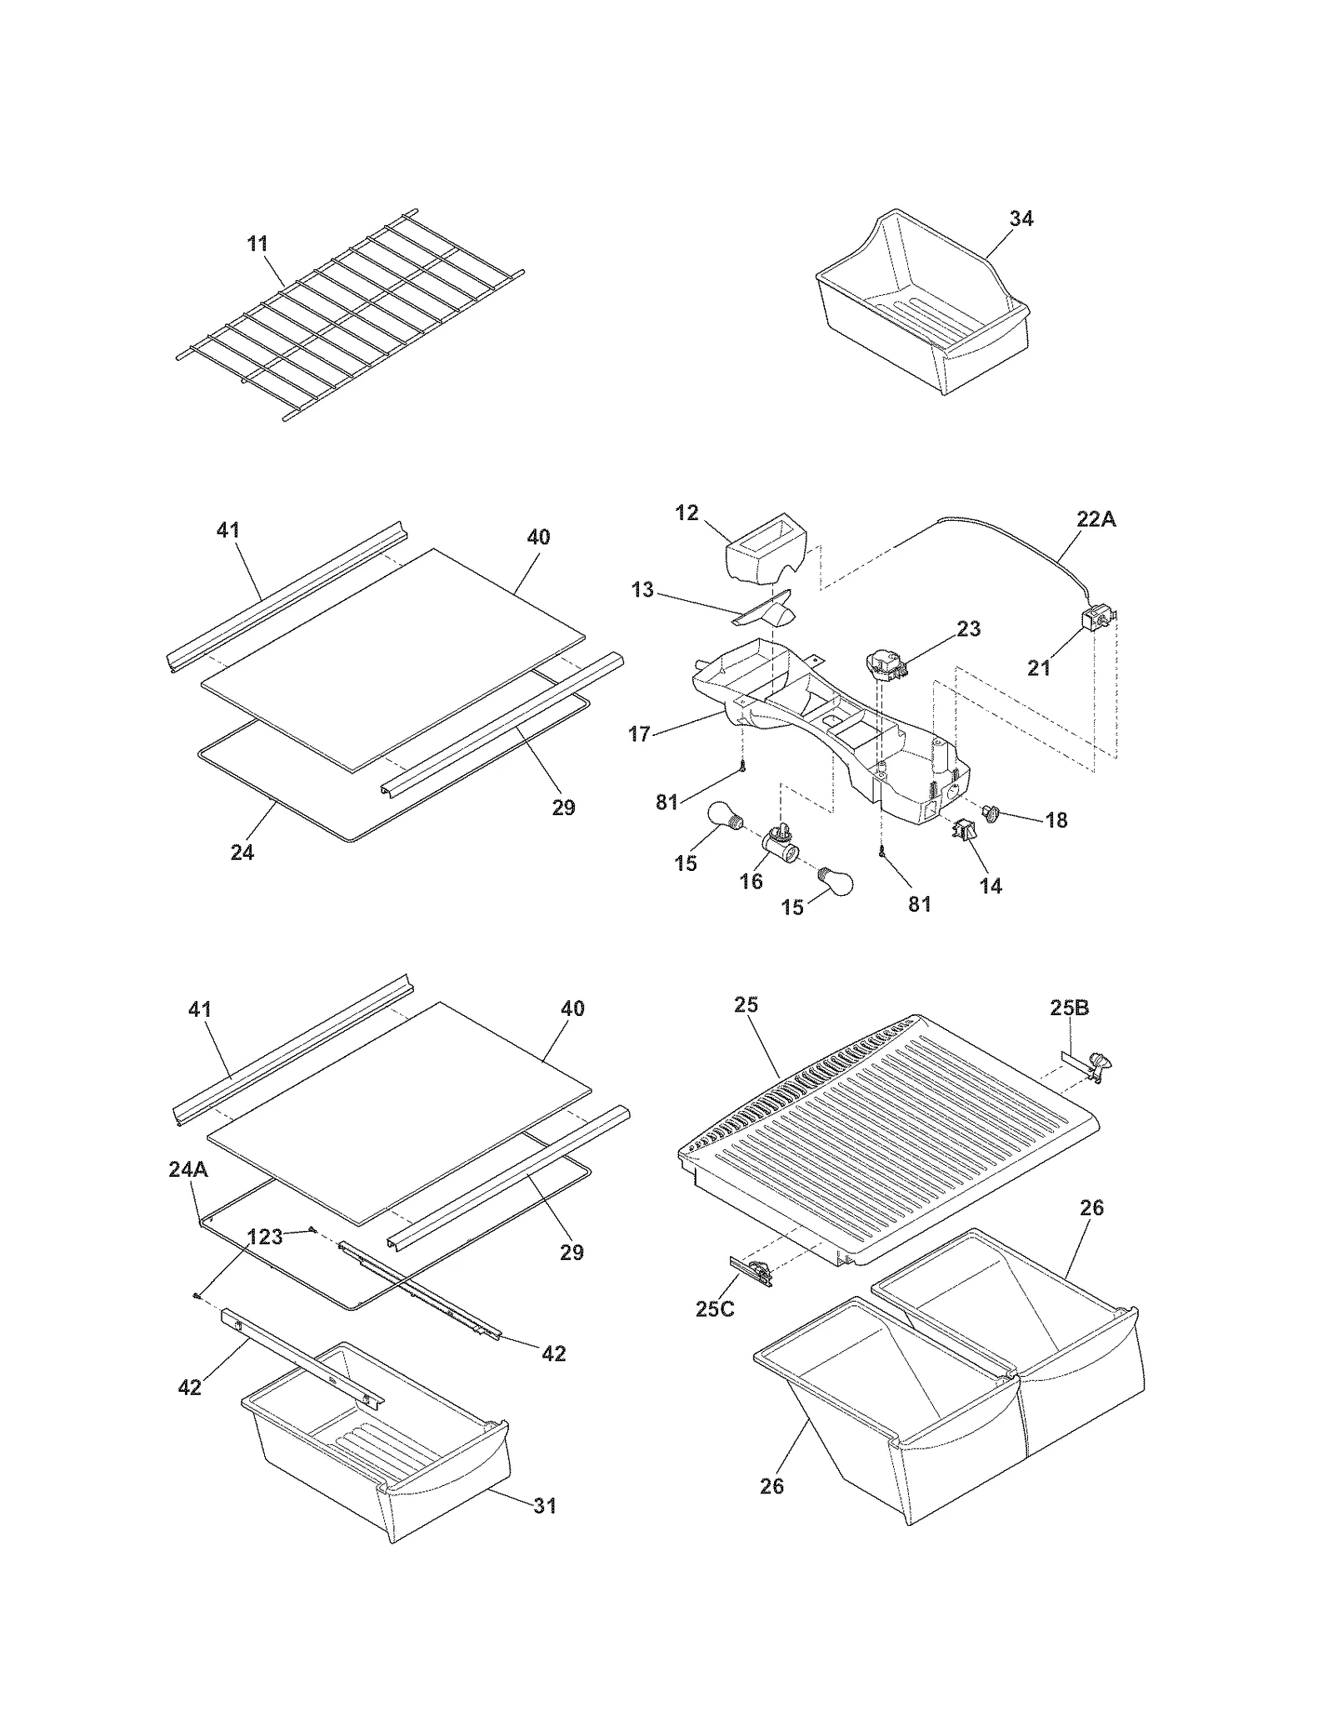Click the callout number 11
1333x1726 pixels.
(257, 244)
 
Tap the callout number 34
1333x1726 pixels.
(1021, 218)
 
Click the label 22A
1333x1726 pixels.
(1096, 519)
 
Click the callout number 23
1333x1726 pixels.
(969, 628)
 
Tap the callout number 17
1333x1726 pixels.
(639, 734)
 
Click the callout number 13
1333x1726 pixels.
(642, 590)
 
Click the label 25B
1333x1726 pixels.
(1069, 1008)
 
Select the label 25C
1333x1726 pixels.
(715, 1308)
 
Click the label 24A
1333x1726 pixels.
(188, 1169)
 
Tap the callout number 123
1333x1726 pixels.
(266, 1237)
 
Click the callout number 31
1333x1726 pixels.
(544, 1505)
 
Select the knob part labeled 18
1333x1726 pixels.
(991, 811)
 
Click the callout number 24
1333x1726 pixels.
(242, 852)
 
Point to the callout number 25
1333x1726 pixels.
(746, 1004)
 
